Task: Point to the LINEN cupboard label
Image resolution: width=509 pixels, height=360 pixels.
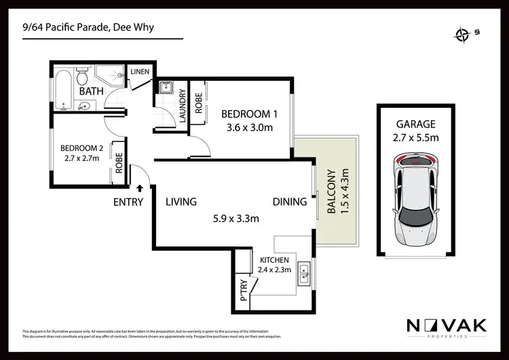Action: tap(140, 71)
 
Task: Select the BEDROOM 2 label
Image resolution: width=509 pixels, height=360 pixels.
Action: tap(81, 149)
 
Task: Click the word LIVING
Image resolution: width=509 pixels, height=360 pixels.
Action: tap(181, 202)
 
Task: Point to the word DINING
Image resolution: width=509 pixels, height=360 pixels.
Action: tap(290, 202)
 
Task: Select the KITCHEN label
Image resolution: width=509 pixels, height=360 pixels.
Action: tap(274, 260)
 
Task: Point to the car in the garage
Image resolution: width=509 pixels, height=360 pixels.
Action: tap(415, 198)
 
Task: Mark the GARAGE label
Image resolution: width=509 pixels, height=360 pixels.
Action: tap(415, 124)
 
